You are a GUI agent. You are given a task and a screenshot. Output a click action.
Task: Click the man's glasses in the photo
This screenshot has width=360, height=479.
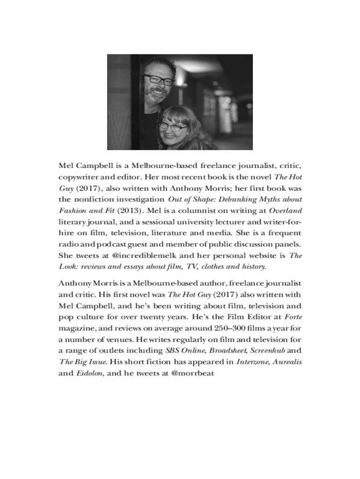pyautogui.click(x=159, y=80)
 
